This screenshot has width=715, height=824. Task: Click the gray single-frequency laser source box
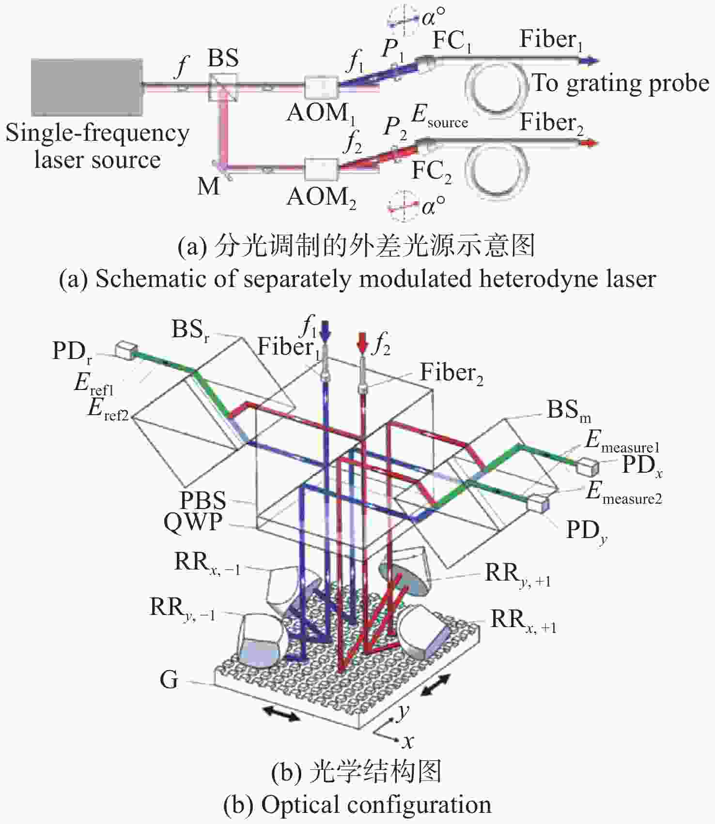[87, 87]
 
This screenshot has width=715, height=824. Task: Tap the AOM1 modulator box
[321, 88]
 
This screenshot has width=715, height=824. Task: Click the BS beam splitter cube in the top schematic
[223, 87]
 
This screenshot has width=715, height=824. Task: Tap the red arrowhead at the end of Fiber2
[591, 143]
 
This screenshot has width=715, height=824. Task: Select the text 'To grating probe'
[621, 83]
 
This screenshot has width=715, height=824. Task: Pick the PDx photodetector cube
[587, 466]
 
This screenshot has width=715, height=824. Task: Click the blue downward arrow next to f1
[325, 330]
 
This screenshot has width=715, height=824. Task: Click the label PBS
[203, 500]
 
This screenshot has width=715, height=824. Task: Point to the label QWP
[193, 522]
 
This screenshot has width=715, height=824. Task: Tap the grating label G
[169, 680]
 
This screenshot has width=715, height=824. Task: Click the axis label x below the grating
[408, 741]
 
